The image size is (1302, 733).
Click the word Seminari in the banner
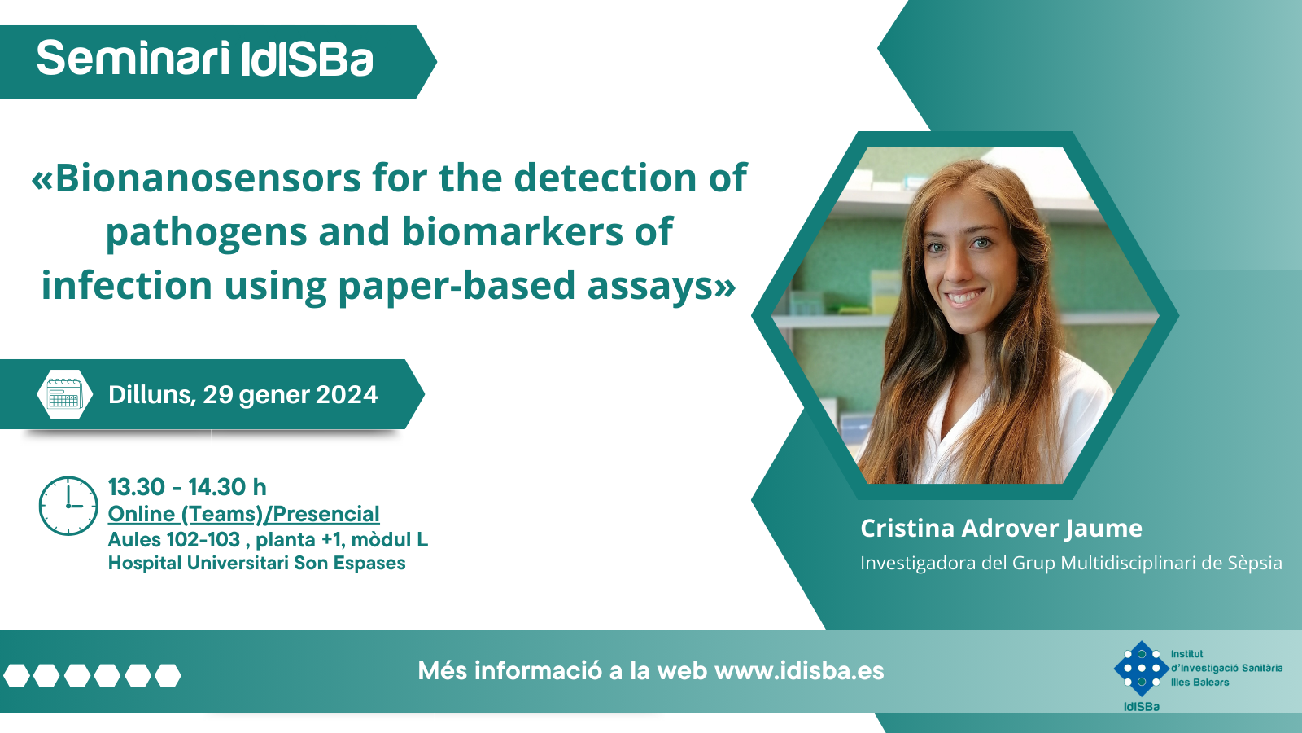(x=133, y=58)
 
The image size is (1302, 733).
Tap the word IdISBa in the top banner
(x=306, y=59)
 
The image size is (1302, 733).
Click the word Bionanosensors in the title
(x=196, y=178)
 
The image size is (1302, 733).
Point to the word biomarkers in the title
(x=512, y=231)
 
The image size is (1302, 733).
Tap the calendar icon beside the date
(x=64, y=394)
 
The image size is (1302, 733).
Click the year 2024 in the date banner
(x=347, y=395)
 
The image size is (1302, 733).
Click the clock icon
(x=68, y=506)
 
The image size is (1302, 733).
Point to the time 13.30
(x=137, y=487)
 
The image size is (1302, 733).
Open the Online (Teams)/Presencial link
(x=243, y=514)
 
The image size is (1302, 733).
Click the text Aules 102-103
(x=174, y=540)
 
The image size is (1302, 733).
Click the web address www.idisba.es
(x=799, y=671)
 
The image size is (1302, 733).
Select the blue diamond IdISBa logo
(x=1141, y=669)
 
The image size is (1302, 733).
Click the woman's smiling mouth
(x=963, y=297)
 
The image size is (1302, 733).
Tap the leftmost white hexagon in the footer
(x=16, y=675)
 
